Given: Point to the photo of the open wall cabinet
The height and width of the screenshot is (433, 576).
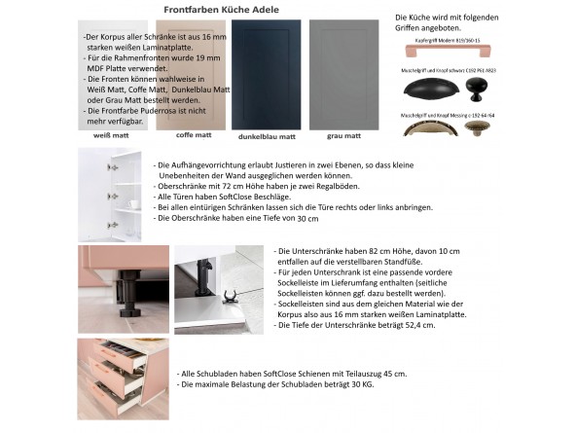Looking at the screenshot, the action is click(x=109, y=195).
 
